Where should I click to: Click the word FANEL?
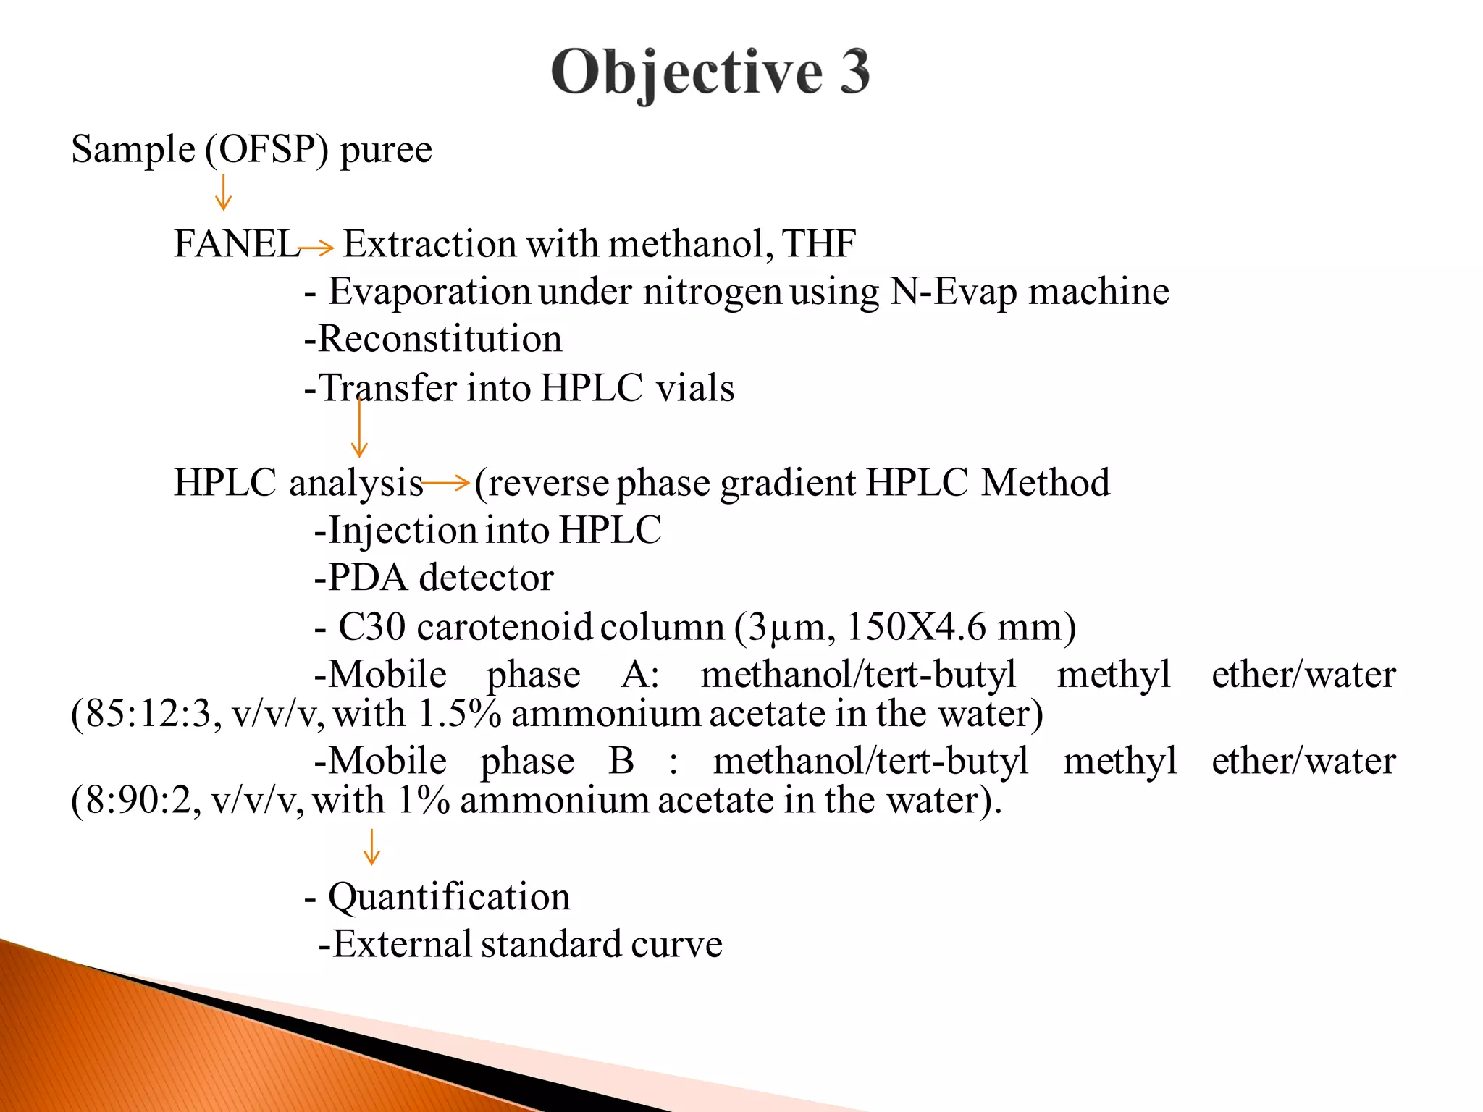(236, 244)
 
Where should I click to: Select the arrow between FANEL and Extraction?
(316, 248)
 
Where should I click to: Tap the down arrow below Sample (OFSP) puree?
(223, 192)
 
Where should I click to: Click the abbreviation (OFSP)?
(266, 150)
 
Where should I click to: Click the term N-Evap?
(953, 292)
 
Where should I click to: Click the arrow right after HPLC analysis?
(447, 482)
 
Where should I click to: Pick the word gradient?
(788, 483)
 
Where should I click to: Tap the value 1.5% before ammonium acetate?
(460, 714)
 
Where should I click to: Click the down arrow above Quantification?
(371, 847)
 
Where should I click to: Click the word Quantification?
(449, 897)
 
